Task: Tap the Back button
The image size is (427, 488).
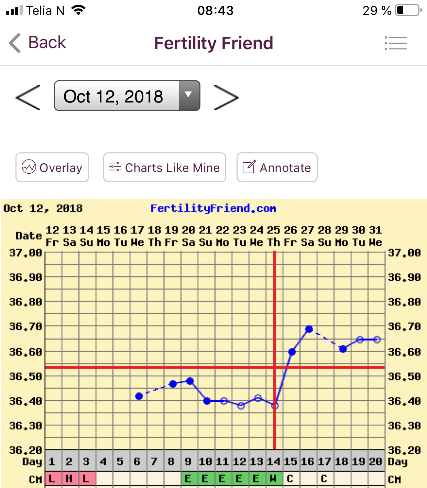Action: (x=37, y=43)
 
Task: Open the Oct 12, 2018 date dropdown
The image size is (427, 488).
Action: (x=127, y=96)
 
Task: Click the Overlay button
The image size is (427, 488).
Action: (x=52, y=167)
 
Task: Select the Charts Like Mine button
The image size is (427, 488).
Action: (x=164, y=167)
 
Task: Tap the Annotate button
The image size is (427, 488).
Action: (x=277, y=167)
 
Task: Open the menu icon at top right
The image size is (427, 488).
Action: (x=396, y=43)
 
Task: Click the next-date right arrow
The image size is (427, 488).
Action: (x=226, y=98)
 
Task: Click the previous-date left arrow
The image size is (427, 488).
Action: (x=28, y=98)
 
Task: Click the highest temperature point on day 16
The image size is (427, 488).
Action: (x=309, y=329)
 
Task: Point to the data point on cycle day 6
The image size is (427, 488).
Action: (x=139, y=396)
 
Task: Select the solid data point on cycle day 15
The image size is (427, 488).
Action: (x=292, y=351)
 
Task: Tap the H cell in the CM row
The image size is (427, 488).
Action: (x=69, y=478)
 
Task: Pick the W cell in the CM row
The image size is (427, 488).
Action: (x=273, y=478)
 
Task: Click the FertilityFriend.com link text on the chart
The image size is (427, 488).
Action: (x=213, y=208)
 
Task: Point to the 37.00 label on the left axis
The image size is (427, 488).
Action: (x=25, y=253)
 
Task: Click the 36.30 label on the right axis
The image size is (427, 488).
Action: (x=404, y=426)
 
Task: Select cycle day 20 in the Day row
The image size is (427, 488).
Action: (x=375, y=462)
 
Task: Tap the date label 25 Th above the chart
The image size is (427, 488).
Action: (x=274, y=236)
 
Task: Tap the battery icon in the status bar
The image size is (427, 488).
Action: (x=408, y=10)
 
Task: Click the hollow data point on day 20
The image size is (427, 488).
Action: (x=377, y=339)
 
